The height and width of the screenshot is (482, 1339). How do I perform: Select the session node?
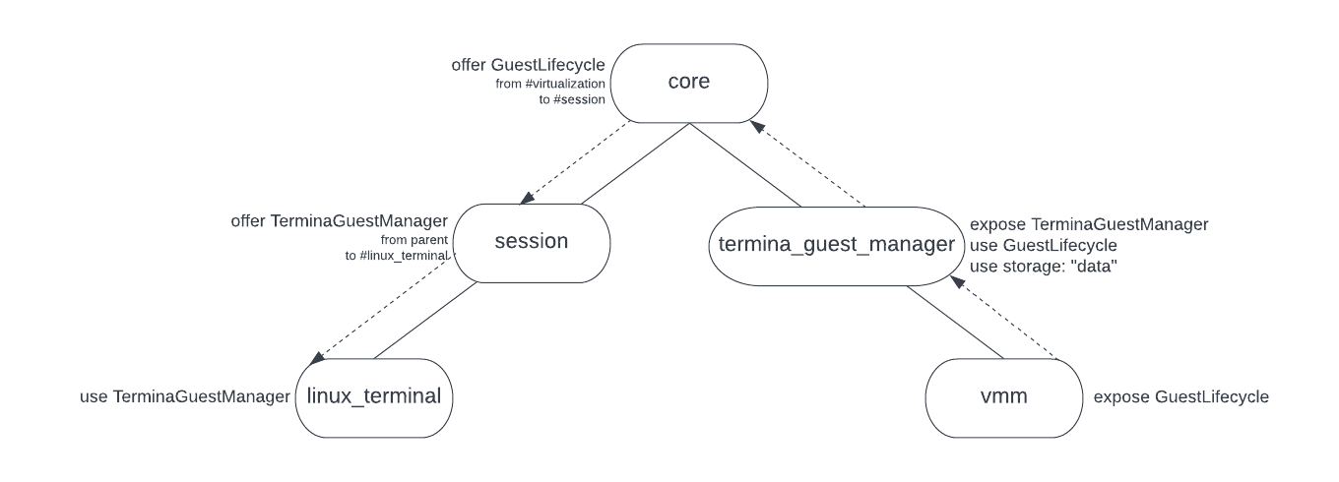[x=532, y=241]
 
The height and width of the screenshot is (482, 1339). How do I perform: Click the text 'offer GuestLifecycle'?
[x=528, y=65]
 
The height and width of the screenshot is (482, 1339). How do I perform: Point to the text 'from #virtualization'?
[x=549, y=85]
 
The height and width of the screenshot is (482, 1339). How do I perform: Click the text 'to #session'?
[x=571, y=100]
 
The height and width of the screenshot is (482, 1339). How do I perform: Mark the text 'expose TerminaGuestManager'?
[x=1089, y=224]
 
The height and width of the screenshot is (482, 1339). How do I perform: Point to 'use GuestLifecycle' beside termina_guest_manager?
[x=1043, y=245]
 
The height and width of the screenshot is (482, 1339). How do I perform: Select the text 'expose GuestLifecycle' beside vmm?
[x=1181, y=397]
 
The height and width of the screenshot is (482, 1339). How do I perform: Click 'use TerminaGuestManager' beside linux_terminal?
[x=184, y=397]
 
